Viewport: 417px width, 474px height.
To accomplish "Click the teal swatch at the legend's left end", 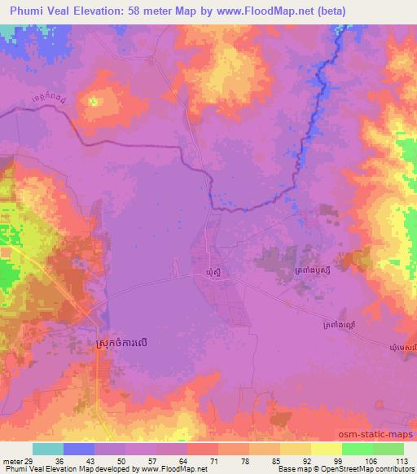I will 48,449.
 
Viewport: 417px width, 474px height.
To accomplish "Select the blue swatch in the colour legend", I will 79,449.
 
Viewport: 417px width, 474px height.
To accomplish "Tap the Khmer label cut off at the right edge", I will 405,348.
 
